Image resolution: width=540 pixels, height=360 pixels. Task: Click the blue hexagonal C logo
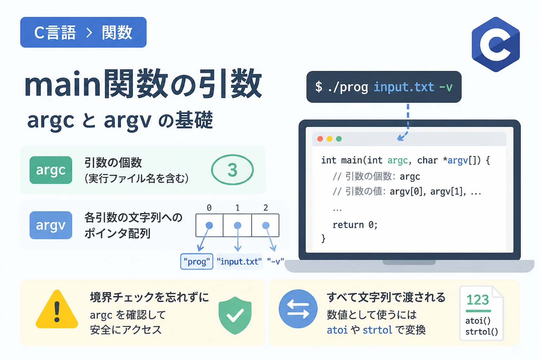click(x=496, y=44)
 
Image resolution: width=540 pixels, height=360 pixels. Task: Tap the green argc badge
click(x=51, y=170)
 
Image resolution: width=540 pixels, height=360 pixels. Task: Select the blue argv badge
click(x=51, y=225)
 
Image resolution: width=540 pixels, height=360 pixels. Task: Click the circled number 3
click(x=232, y=170)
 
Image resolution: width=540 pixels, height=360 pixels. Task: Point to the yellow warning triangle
click(x=57, y=309)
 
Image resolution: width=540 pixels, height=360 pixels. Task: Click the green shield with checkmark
click(x=235, y=315)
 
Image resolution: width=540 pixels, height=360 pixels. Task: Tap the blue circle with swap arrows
click(x=298, y=309)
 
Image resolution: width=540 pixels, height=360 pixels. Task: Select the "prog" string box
click(x=197, y=261)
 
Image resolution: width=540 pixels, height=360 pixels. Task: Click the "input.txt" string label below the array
click(x=239, y=261)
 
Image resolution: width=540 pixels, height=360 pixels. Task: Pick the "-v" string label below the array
click(x=275, y=261)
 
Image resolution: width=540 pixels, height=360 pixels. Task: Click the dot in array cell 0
click(x=209, y=225)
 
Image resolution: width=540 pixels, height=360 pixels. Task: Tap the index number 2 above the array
click(x=266, y=208)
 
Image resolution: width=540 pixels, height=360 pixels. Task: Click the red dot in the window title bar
click(x=320, y=139)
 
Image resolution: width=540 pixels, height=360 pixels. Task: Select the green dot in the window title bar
click(x=339, y=139)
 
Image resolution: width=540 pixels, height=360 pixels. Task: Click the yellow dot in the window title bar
click(x=329, y=139)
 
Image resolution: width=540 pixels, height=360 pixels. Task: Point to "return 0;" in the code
click(x=355, y=225)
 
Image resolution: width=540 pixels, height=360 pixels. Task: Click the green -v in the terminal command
click(x=446, y=87)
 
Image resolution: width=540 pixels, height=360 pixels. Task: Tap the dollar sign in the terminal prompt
click(x=319, y=87)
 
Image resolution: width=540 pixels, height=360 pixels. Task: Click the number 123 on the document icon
click(x=478, y=300)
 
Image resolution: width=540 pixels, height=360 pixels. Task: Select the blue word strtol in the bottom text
click(x=378, y=330)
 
